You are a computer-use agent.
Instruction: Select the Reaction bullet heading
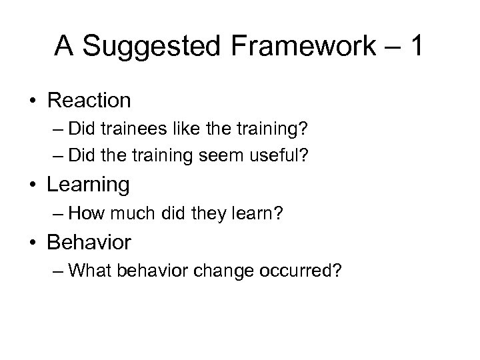(x=89, y=101)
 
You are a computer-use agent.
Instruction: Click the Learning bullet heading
(x=88, y=185)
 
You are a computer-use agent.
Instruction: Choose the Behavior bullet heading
(x=89, y=243)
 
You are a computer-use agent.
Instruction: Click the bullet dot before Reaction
(x=32, y=101)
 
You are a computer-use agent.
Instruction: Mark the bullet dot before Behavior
(x=32, y=243)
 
